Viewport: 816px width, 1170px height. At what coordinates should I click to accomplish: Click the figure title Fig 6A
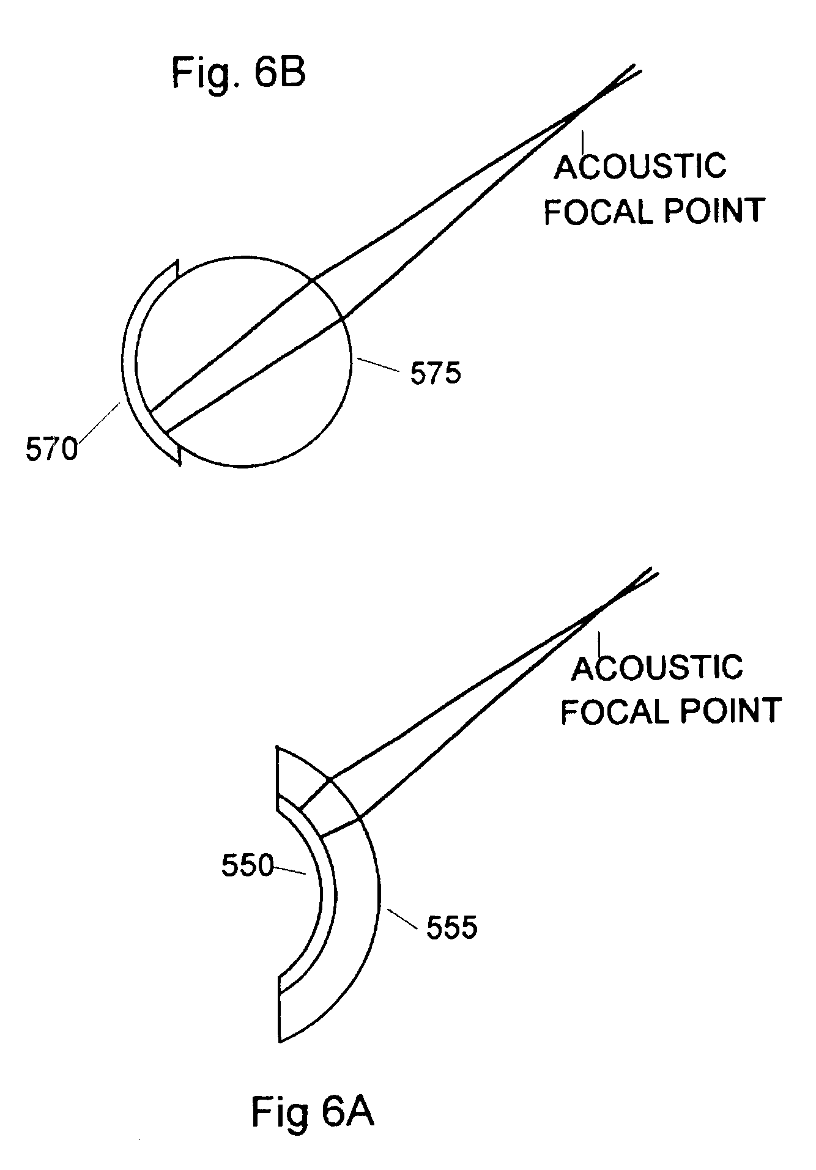(x=313, y=1112)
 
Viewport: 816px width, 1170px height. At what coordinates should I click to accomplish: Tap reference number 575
(x=436, y=373)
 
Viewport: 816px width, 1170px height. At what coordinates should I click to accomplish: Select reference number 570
(x=51, y=450)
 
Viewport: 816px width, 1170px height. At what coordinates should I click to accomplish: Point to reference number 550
(x=247, y=866)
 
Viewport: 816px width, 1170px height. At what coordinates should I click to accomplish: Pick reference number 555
(x=451, y=928)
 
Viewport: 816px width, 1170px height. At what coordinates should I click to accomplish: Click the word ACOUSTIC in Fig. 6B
(x=640, y=166)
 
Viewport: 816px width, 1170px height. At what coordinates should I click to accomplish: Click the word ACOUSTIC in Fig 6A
(x=658, y=667)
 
